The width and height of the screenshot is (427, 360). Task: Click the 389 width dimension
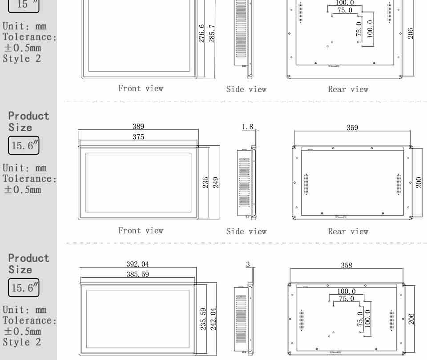click(138, 126)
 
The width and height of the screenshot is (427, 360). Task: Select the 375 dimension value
click(138, 136)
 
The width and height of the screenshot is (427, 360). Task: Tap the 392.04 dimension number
click(137, 264)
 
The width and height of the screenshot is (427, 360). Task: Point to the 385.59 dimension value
click(137, 274)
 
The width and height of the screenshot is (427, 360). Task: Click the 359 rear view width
click(352, 128)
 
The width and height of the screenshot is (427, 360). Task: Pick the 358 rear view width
click(346, 265)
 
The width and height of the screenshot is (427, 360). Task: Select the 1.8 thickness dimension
click(248, 127)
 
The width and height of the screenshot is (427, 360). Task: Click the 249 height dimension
click(216, 183)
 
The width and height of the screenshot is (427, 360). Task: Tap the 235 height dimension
click(205, 183)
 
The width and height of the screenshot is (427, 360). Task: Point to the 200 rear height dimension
click(419, 183)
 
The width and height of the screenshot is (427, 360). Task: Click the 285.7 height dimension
click(212, 33)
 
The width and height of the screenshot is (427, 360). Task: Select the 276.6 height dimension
click(201, 33)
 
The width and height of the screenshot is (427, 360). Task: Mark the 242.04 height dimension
click(213, 319)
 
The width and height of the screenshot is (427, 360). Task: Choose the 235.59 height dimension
click(203, 319)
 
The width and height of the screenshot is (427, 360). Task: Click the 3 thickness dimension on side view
click(248, 264)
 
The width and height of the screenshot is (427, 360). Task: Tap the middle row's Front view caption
click(141, 231)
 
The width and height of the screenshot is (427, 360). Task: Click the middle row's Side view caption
click(246, 232)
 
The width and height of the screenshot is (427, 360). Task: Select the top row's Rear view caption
click(348, 89)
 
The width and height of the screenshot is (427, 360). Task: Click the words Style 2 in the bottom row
click(22, 342)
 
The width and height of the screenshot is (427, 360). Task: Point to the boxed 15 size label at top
click(24, 5)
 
